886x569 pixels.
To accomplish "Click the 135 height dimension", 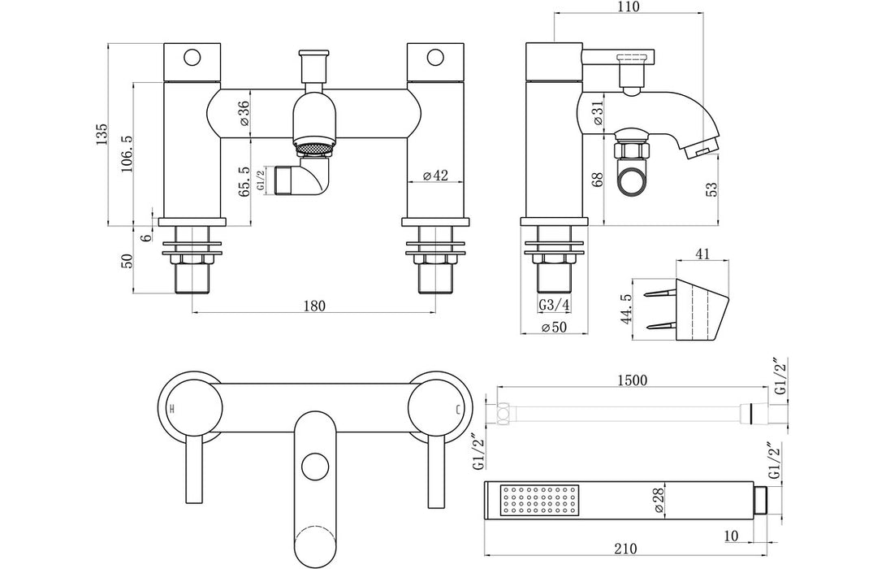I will point(101,133).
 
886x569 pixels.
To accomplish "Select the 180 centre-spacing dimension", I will point(314,306).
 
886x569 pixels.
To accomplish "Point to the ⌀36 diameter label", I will point(244,112).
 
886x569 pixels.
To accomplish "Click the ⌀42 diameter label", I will point(436,176).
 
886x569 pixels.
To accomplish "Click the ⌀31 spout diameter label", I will point(598,112).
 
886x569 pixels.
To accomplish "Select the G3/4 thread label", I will point(553,306).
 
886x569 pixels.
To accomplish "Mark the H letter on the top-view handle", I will point(171,408).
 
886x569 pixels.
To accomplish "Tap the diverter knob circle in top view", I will point(313,467).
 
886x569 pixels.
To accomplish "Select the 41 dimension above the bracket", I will point(703,254).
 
